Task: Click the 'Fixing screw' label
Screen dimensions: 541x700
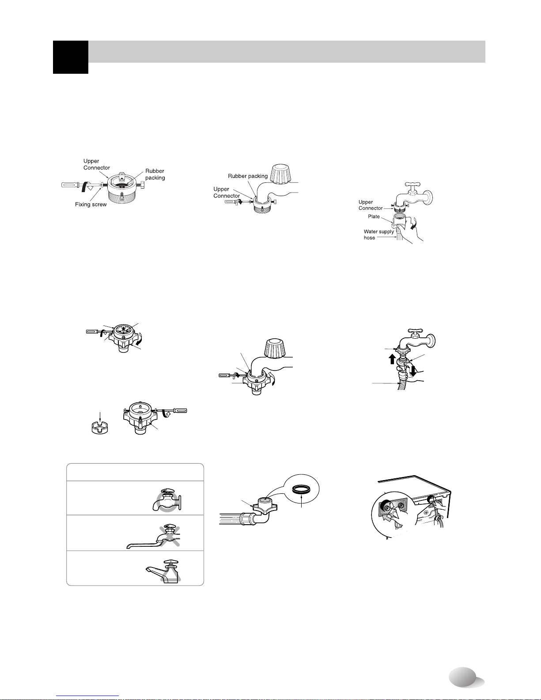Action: tap(91, 204)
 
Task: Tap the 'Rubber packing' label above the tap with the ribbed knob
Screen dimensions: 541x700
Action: tap(248, 176)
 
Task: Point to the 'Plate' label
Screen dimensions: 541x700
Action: tap(374, 216)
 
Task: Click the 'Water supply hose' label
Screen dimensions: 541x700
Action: tap(379, 235)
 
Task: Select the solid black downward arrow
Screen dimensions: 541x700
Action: tap(413, 371)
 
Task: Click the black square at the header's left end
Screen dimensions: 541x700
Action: tap(71, 57)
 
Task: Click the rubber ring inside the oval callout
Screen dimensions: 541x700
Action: tap(301, 489)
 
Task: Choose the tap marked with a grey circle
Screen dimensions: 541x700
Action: tap(167, 499)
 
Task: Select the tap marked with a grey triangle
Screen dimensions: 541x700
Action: tap(163, 571)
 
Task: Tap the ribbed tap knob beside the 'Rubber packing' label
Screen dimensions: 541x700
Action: tap(280, 173)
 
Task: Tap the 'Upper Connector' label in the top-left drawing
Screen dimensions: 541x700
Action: tap(96, 164)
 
